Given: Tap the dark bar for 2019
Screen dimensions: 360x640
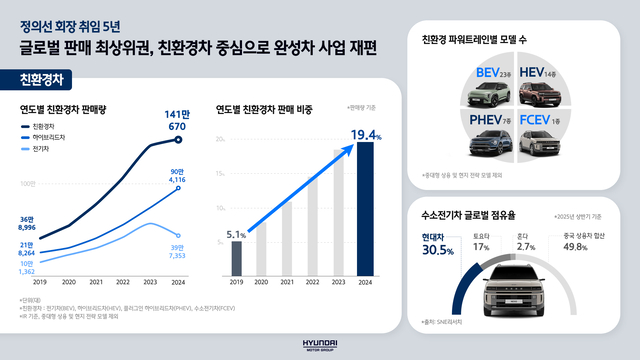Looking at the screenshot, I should click(x=236, y=257).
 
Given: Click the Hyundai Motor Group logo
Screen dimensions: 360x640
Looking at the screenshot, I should click(x=320, y=343).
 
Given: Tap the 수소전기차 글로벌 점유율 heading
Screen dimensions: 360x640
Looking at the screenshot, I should click(x=466, y=216).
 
